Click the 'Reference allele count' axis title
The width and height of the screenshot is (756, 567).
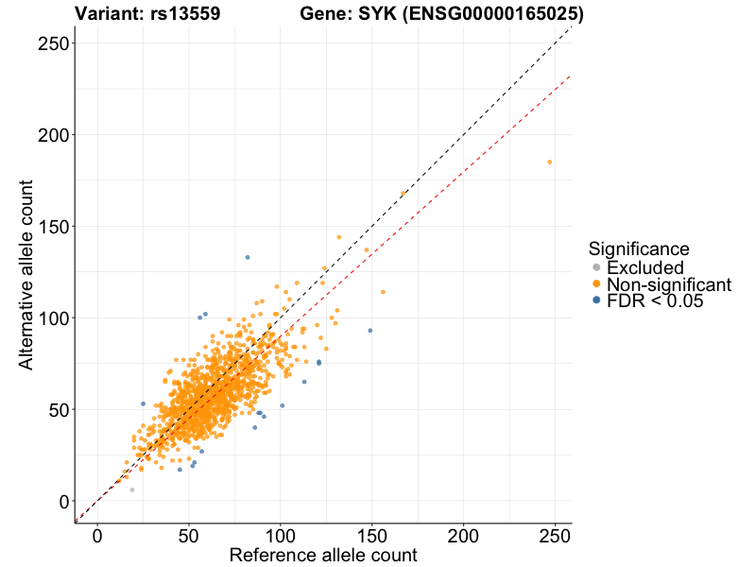coord(323,555)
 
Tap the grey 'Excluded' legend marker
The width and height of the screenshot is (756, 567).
coord(596,267)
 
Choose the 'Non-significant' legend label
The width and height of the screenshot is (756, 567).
coord(668,284)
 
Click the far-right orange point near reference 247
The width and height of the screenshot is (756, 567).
coord(549,163)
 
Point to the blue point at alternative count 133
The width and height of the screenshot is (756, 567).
coord(248,257)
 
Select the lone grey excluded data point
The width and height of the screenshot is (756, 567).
coord(132,490)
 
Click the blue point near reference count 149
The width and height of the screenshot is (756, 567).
coord(369,331)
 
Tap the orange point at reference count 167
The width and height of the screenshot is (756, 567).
coord(404,193)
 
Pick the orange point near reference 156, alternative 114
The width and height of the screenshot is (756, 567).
coord(383,292)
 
